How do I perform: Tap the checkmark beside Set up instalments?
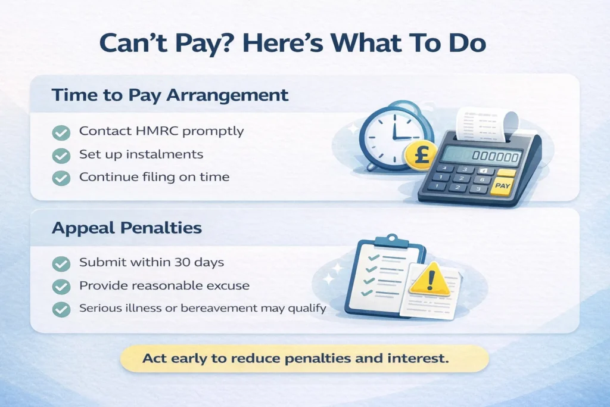click(x=61, y=155)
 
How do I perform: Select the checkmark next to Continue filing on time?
click(x=61, y=178)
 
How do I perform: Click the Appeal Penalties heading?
click(x=126, y=228)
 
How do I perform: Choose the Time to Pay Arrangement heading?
click(x=170, y=95)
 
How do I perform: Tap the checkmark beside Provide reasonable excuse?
click(x=61, y=287)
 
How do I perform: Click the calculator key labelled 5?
click(x=461, y=178)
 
